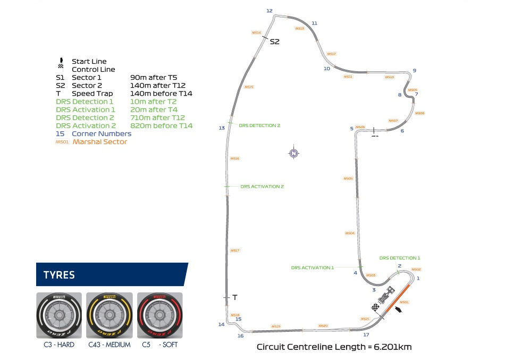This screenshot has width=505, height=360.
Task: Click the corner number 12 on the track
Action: tap(269, 11)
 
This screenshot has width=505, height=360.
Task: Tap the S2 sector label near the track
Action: tap(274, 41)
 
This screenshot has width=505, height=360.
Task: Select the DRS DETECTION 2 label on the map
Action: tap(259, 125)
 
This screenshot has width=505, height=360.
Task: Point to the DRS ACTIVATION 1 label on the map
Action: tap(312, 267)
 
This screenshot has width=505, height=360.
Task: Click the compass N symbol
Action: tap(293, 154)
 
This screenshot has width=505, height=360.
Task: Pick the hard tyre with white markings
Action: tap(59, 315)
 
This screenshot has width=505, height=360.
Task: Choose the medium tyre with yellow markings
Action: tap(110, 315)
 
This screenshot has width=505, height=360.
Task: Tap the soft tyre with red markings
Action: tap(160, 315)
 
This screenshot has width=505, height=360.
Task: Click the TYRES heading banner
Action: tap(112, 275)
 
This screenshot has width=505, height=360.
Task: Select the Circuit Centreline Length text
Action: tap(334, 347)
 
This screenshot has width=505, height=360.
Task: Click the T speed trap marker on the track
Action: tap(234, 297)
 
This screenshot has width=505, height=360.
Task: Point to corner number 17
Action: tap(366, 334)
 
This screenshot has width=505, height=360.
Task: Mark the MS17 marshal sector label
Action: tap(234, 250)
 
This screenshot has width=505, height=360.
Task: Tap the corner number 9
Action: tap(414, 71)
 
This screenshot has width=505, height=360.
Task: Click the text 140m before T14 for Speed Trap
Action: tap(161, 94)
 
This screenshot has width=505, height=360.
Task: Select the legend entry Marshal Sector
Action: tap(100, 142)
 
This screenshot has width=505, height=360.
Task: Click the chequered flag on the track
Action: tap(376, 308)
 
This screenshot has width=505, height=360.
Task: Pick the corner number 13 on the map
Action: tap(222, 128)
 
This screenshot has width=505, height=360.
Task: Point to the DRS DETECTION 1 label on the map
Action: tap(400, 258)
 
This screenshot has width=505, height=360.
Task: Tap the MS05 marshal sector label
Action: tap(348, 179)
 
